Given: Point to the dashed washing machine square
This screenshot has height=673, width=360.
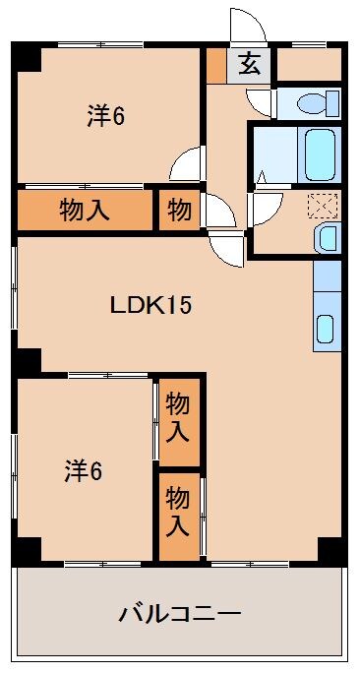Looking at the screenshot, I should [x=322, y=206].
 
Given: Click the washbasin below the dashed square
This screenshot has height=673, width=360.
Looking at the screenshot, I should [x=327, y=238].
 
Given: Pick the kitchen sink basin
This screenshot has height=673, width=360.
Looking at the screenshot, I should [x=326, y=329].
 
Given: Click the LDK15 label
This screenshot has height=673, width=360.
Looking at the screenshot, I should [x=150, y=304].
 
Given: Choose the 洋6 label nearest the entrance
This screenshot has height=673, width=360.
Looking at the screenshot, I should [x=104, y=116].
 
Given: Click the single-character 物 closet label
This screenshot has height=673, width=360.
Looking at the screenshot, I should [x=179, y=210].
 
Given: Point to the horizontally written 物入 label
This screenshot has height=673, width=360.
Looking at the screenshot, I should [x=85, y=210].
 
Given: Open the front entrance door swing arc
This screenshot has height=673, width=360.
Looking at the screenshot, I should [x=243, y=24].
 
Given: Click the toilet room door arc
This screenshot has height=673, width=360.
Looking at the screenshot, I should [x=260, y=102].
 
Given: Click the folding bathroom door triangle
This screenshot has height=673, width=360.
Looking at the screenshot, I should [x=262, y=178].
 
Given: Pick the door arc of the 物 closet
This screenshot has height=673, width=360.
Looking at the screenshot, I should [x=220, y=212].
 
